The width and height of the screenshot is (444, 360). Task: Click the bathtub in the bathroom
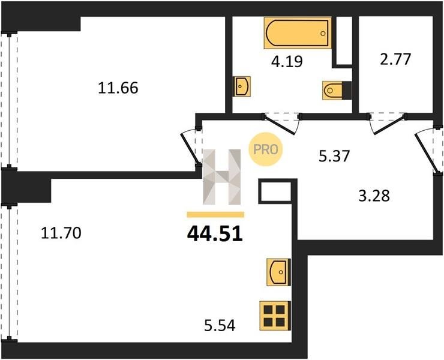[x=298, y=33]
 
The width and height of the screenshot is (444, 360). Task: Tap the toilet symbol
[x=337, y=91]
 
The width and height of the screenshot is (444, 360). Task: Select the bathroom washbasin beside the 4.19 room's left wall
[x=242, y=86]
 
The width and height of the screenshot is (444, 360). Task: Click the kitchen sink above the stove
[x=278, y=272]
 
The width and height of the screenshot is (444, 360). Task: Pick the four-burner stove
[x=275, y=316]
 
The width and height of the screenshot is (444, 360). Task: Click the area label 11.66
[x=118, y=88]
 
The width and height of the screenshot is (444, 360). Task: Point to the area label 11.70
[x=61, y=233]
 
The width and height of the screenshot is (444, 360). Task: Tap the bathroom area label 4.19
[x=287, y=61]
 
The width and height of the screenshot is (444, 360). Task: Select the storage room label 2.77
[x=395, y=59]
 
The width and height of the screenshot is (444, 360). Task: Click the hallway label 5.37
[x=334, y=156]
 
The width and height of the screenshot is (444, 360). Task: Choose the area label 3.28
[x=374, y=196]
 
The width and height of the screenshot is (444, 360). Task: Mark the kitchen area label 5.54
[x=220, y=325]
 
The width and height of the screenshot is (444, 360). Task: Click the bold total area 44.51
[x=215, y=234]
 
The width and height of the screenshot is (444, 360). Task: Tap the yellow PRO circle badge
[x=265, y=149]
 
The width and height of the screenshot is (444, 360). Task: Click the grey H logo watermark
[x=222, y=177]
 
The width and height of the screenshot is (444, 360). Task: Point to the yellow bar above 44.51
[x=215, y=215]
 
